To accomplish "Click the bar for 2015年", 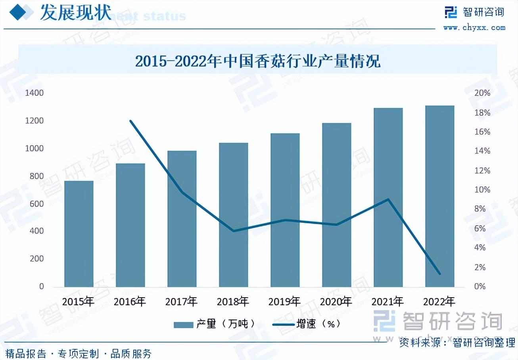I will (x=79, y=234).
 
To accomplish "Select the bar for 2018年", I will (x=233, y=215).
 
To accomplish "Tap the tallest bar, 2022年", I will (x=439, y=196).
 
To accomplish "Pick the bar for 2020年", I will (x=336, y=205).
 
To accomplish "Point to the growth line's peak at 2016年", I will (x=130, y=121).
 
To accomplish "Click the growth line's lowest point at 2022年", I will (x=439, y=274).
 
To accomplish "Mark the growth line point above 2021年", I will (x=388, y=199).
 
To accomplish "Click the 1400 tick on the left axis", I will (x=35, y=93).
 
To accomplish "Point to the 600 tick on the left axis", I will (x=36, y=204).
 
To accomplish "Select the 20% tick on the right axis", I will (x=482, y=93).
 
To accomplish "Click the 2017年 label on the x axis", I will (x=182, y=302).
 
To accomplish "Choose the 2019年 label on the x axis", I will (x=285, y=302).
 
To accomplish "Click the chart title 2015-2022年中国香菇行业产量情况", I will (x=258, y=61).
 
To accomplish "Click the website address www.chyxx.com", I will (x=474, y=27).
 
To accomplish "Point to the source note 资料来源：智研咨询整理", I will (x=457, y=342).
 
